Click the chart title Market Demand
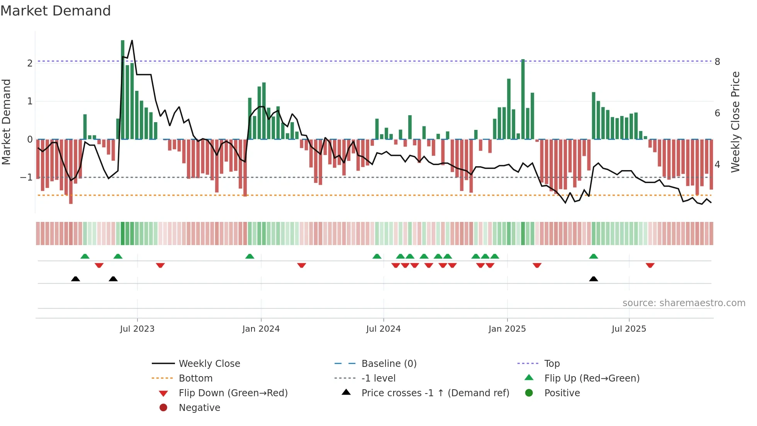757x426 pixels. [56, 11]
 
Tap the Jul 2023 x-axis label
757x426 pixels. [137, 329]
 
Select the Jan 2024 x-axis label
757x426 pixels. [261, 329]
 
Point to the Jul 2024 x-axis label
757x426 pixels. [383, 329]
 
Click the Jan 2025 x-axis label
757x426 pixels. [507, 329]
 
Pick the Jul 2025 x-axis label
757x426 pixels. [629, 329]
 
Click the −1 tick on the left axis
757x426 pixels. [27, 177]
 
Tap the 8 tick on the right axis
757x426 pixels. [717, 62]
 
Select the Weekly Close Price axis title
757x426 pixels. [735, 122]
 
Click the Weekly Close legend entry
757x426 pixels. [209, 364]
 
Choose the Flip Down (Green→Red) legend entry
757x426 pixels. [233, 393]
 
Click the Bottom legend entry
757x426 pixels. [195, 378]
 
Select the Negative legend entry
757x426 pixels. [199, 408]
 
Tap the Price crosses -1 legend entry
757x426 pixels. [435, 393]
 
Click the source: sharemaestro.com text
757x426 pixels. [684, 303]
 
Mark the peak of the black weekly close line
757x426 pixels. [132, 40]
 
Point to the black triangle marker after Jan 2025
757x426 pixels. [594, 279]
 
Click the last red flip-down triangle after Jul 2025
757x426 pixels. [650, 265]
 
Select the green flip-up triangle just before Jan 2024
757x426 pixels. [250, 256]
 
